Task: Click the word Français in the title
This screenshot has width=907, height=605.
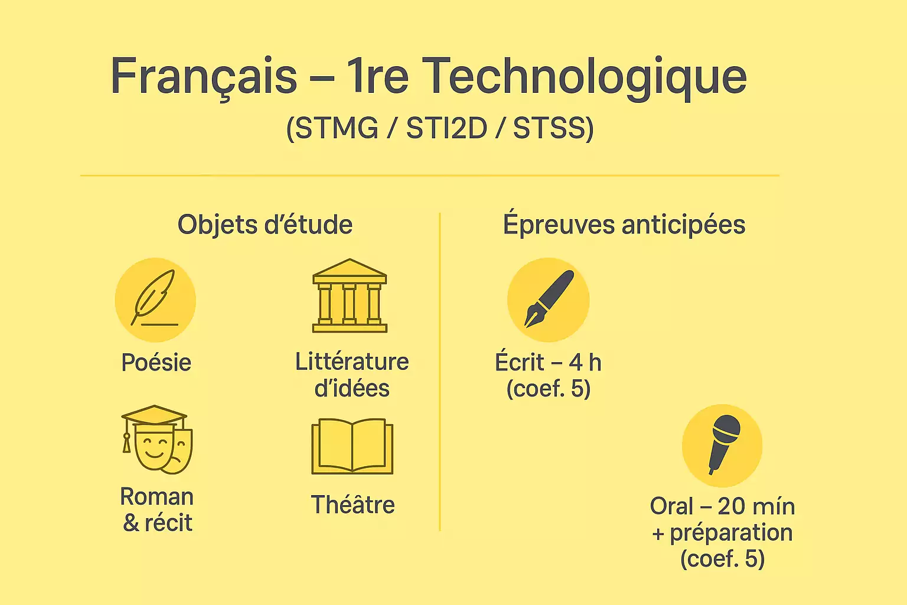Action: (x=204, y=76)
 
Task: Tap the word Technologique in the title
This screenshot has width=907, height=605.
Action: (x=585, y=76)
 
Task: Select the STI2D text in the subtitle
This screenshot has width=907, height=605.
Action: (x=446, y=128)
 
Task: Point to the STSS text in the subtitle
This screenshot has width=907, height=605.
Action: (x=553, y=128)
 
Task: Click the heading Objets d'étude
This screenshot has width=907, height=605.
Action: (x=265, y=225)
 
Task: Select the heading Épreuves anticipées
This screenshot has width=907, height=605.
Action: (x=624, y=225)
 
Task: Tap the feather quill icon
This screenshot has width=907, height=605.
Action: (x=155, y=300)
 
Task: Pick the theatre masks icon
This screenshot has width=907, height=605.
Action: (x=156, y=440)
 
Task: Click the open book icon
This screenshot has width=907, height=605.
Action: (x=352, y=446)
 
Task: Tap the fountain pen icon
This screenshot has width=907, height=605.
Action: (x=549, y=300)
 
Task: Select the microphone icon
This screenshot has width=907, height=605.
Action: (x=722, y=444)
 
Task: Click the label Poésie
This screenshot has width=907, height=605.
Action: (x=156, y=362)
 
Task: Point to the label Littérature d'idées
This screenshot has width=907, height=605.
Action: (x=352, y=375)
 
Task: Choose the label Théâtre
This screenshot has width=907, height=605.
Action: (x=353, y=505)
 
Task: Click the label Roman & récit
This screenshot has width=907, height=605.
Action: (x=157, y=509)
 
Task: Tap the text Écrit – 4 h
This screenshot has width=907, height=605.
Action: (x=548, y=362)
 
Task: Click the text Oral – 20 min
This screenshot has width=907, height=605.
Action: (x=722, y=506)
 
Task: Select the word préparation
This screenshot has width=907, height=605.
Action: (x=731, y=533)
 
